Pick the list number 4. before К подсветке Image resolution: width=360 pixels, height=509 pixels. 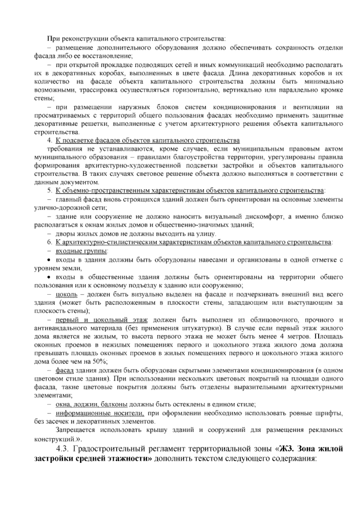point(49,140)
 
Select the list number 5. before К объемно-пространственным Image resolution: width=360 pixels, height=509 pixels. point(49,191)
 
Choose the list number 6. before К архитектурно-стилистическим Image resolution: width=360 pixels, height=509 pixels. point(49,242)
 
